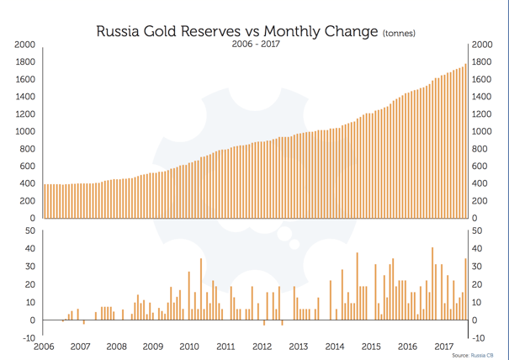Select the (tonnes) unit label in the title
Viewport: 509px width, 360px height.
coord(400,34)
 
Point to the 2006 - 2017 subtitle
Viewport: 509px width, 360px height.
coord(255,45)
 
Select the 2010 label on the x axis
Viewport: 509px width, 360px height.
coord(188,347)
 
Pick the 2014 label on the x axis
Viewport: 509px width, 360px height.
coord(334,347)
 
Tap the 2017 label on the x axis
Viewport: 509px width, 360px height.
coord(443,347)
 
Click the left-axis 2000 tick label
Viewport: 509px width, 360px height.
coord(24,45)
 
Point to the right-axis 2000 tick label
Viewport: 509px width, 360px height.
coord(484,45)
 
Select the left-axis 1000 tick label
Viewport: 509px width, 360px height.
coord(24,132)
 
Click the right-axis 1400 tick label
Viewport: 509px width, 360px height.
coord(484,97)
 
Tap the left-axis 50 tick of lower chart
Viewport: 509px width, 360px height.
coord(29,230)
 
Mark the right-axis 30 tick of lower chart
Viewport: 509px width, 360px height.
coord(479,267)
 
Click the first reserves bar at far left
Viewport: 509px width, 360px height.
coord(44,201)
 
